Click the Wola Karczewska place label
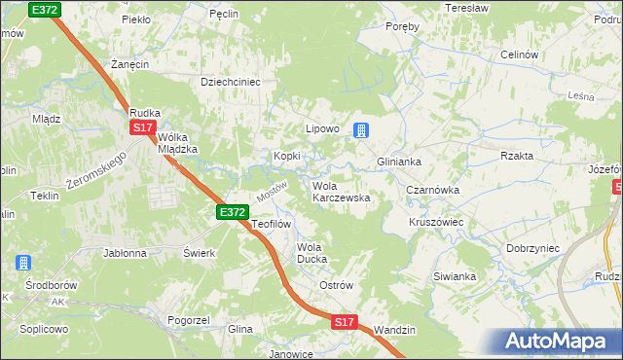pyautogui.click(x=340, y=192)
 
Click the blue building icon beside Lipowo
pyautogui.click(x=360, y=129)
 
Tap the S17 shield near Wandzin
pyautogui.click(x=344, y=321)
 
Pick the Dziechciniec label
pyautogui.click(x=231, y=83)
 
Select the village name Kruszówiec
pyautogui.click(x=435, y=222)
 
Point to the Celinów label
pyautogui.click(x=519, y=55)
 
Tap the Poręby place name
pyautogui.click(x=402, y=26)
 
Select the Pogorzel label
pyautogui.click(x=190, y=319)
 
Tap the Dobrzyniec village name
pyautogui.click(x=532, y=248)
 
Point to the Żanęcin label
pyautogui.click(x=128, y=64)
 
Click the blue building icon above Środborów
pyautogui.click(x=21, y=263)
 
